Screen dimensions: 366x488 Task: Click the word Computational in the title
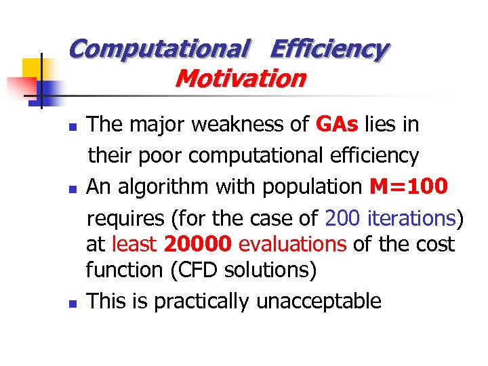159,49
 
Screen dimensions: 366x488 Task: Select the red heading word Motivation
240,79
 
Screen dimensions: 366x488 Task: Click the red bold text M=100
409,186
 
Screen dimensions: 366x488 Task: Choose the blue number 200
343,218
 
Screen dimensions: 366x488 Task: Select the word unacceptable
319,301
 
